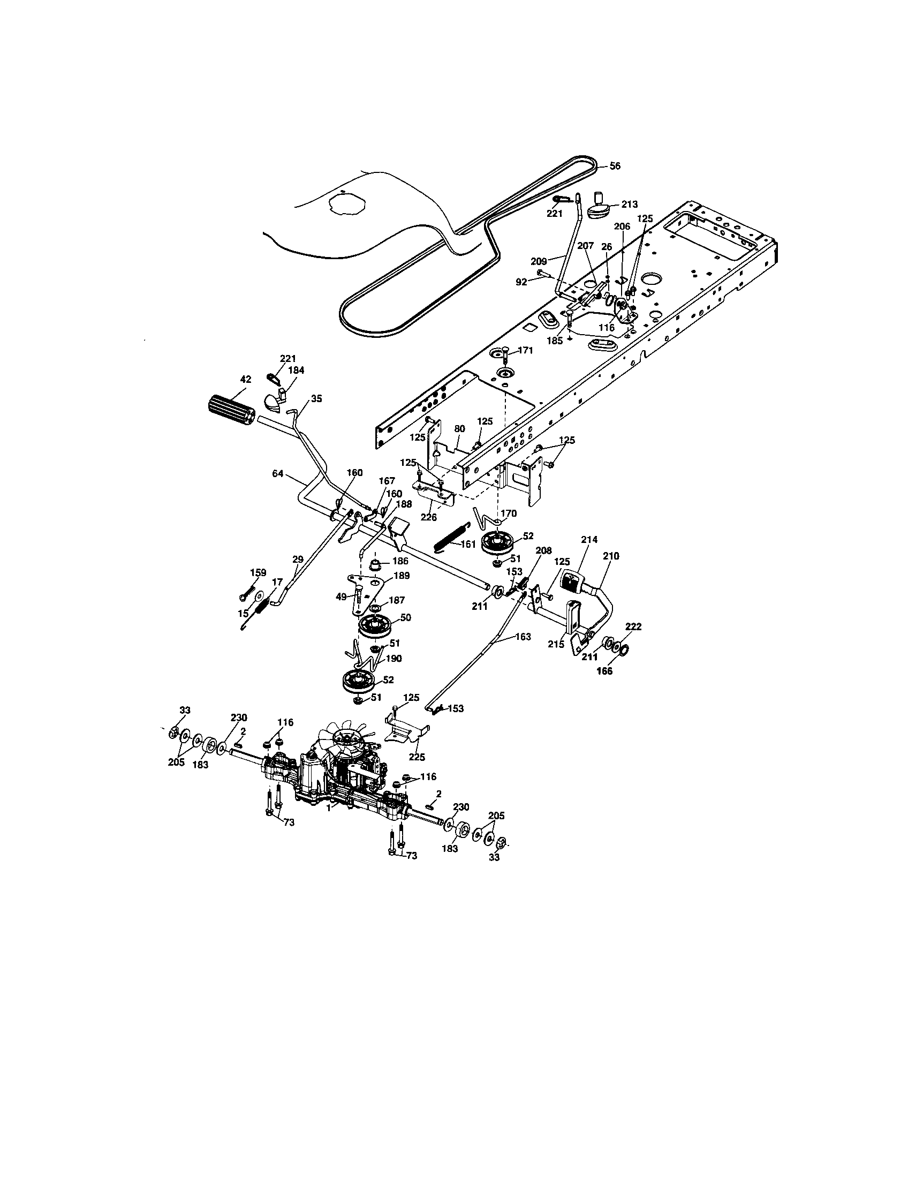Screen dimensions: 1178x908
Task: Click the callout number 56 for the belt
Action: tap(615, 166)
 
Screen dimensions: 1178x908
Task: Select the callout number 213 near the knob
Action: tap(629, 205)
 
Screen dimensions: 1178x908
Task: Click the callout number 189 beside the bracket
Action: tap(402, 576)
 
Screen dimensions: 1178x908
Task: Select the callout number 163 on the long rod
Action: tap(523, 637)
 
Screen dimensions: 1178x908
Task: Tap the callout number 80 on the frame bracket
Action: tap(459, 429)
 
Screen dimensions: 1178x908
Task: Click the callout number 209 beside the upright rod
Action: tap(539, 262)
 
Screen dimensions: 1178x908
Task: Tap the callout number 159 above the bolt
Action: tap(258, 573)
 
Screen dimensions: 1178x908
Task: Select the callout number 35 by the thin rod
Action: tap(316, 398)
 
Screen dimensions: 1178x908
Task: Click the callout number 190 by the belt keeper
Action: tap(394, 659)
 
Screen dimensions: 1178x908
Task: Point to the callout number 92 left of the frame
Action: tap(521, 282)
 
